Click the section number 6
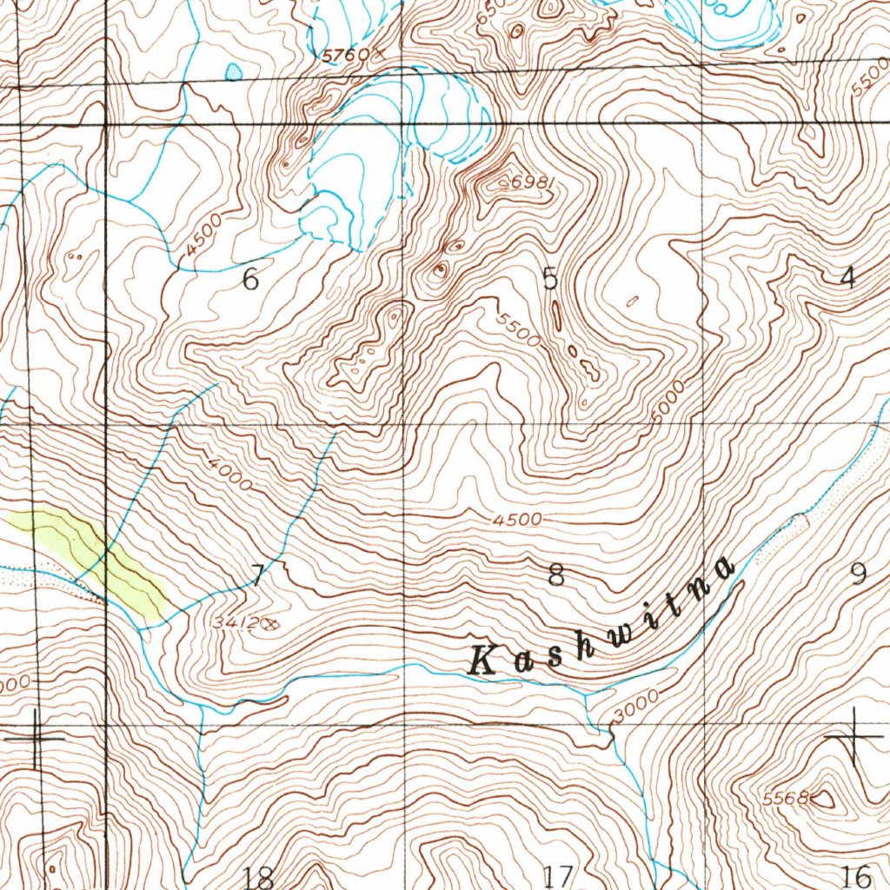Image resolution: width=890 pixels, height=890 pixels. (250, 280)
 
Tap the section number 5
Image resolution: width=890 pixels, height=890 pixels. (549, 278)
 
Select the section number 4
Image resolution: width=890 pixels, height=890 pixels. (847, 277)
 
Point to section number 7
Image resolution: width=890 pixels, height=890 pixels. (257, 575)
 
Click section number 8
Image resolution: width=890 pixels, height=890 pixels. (556, 575)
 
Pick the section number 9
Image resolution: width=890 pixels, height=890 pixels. (859, 574)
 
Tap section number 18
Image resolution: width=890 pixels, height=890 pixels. (259, 875)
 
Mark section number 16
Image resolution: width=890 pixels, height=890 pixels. (856, 874)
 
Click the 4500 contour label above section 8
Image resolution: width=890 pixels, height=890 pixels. (516, 520)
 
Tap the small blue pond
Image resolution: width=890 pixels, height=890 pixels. (234, 71)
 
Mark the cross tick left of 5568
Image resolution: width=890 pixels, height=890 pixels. (854, 735)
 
